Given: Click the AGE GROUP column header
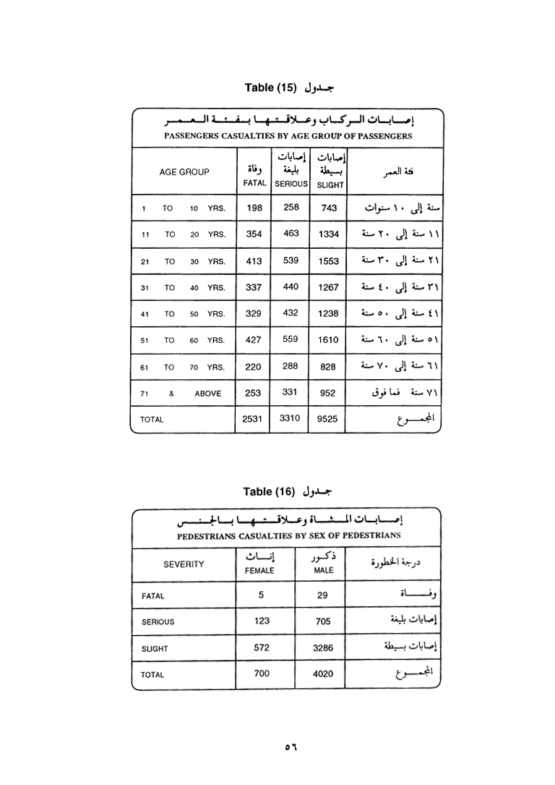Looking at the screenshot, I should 184,172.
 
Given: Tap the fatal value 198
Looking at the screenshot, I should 254,208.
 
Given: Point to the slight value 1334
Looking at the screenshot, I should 329,235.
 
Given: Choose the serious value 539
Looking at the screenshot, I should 291,260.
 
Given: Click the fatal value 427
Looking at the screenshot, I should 254,340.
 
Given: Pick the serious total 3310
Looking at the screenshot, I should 290,418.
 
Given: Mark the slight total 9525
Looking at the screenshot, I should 329,419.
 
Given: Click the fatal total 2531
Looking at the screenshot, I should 252,419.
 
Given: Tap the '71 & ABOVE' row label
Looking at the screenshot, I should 181,394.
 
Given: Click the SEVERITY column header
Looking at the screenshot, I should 184,564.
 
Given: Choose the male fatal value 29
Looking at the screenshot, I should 322,595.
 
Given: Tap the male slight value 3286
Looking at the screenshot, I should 323,648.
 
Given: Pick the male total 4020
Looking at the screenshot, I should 323,674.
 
